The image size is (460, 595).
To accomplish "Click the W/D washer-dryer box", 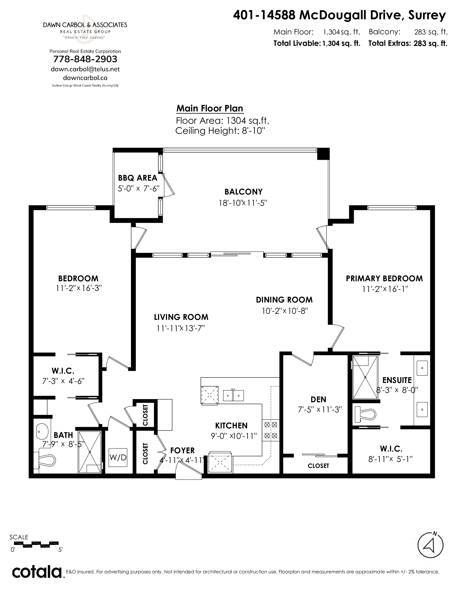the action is click(x=118, y=457).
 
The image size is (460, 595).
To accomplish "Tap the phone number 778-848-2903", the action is click(x=85, y=59).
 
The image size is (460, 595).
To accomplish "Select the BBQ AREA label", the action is click(x=138, y=178).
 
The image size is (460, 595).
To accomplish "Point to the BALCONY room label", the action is click(x=243, y=192).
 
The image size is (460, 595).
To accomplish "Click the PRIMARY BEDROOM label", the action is click(x=384, y=278).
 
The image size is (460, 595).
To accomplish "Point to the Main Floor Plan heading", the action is click(x=210, y=108).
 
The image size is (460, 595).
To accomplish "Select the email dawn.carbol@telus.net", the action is click(x=85, y=69).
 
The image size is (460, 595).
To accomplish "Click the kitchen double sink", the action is click(x=234, y=395).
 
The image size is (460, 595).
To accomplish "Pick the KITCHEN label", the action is click(x=231, y=426).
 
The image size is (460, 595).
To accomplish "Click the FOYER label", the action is click(x=183, y=451).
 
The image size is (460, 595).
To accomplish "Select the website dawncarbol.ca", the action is click(x=85, y=78).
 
